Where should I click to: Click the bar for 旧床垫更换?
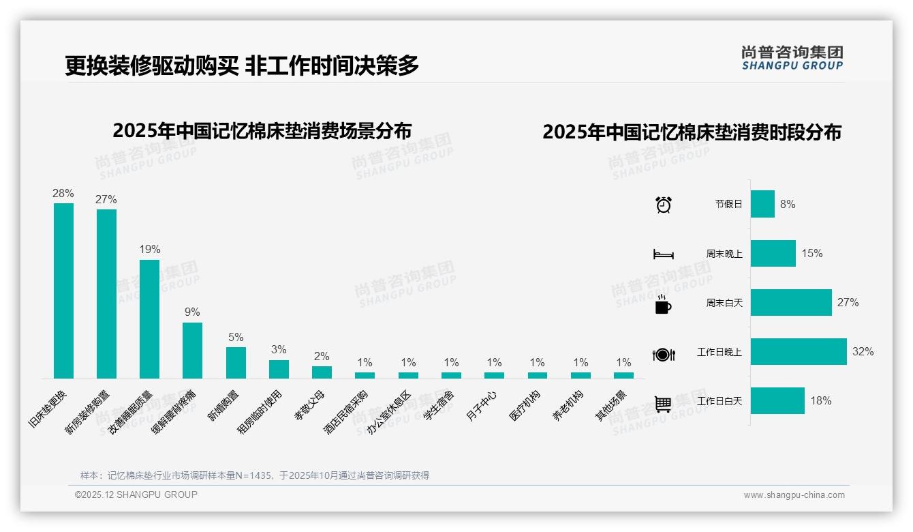[x=63, y=291]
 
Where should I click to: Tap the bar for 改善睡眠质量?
[x=149, y=319]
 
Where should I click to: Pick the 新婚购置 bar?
[x=236, y=362]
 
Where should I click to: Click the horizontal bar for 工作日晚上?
[x=799, y=352]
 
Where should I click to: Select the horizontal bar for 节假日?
[x=762, y=204]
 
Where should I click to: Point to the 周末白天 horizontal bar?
[x=791, y=303]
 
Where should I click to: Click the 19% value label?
[x=150, y=250]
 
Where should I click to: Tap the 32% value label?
[x=863, y=352]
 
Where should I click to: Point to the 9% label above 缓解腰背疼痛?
[x=192, y=312]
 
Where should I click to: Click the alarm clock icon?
[x=663, y=205]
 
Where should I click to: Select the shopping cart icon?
[x=663, y=404]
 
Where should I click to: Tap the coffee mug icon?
[x=663, y=305]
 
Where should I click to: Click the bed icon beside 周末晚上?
[x=663, y=254]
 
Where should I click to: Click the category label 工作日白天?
[x=719, y=401]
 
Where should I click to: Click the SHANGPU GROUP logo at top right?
[x=792, y=58]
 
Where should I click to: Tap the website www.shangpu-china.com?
[x=794, y=495]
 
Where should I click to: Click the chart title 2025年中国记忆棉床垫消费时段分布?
[x=692, y=132]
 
